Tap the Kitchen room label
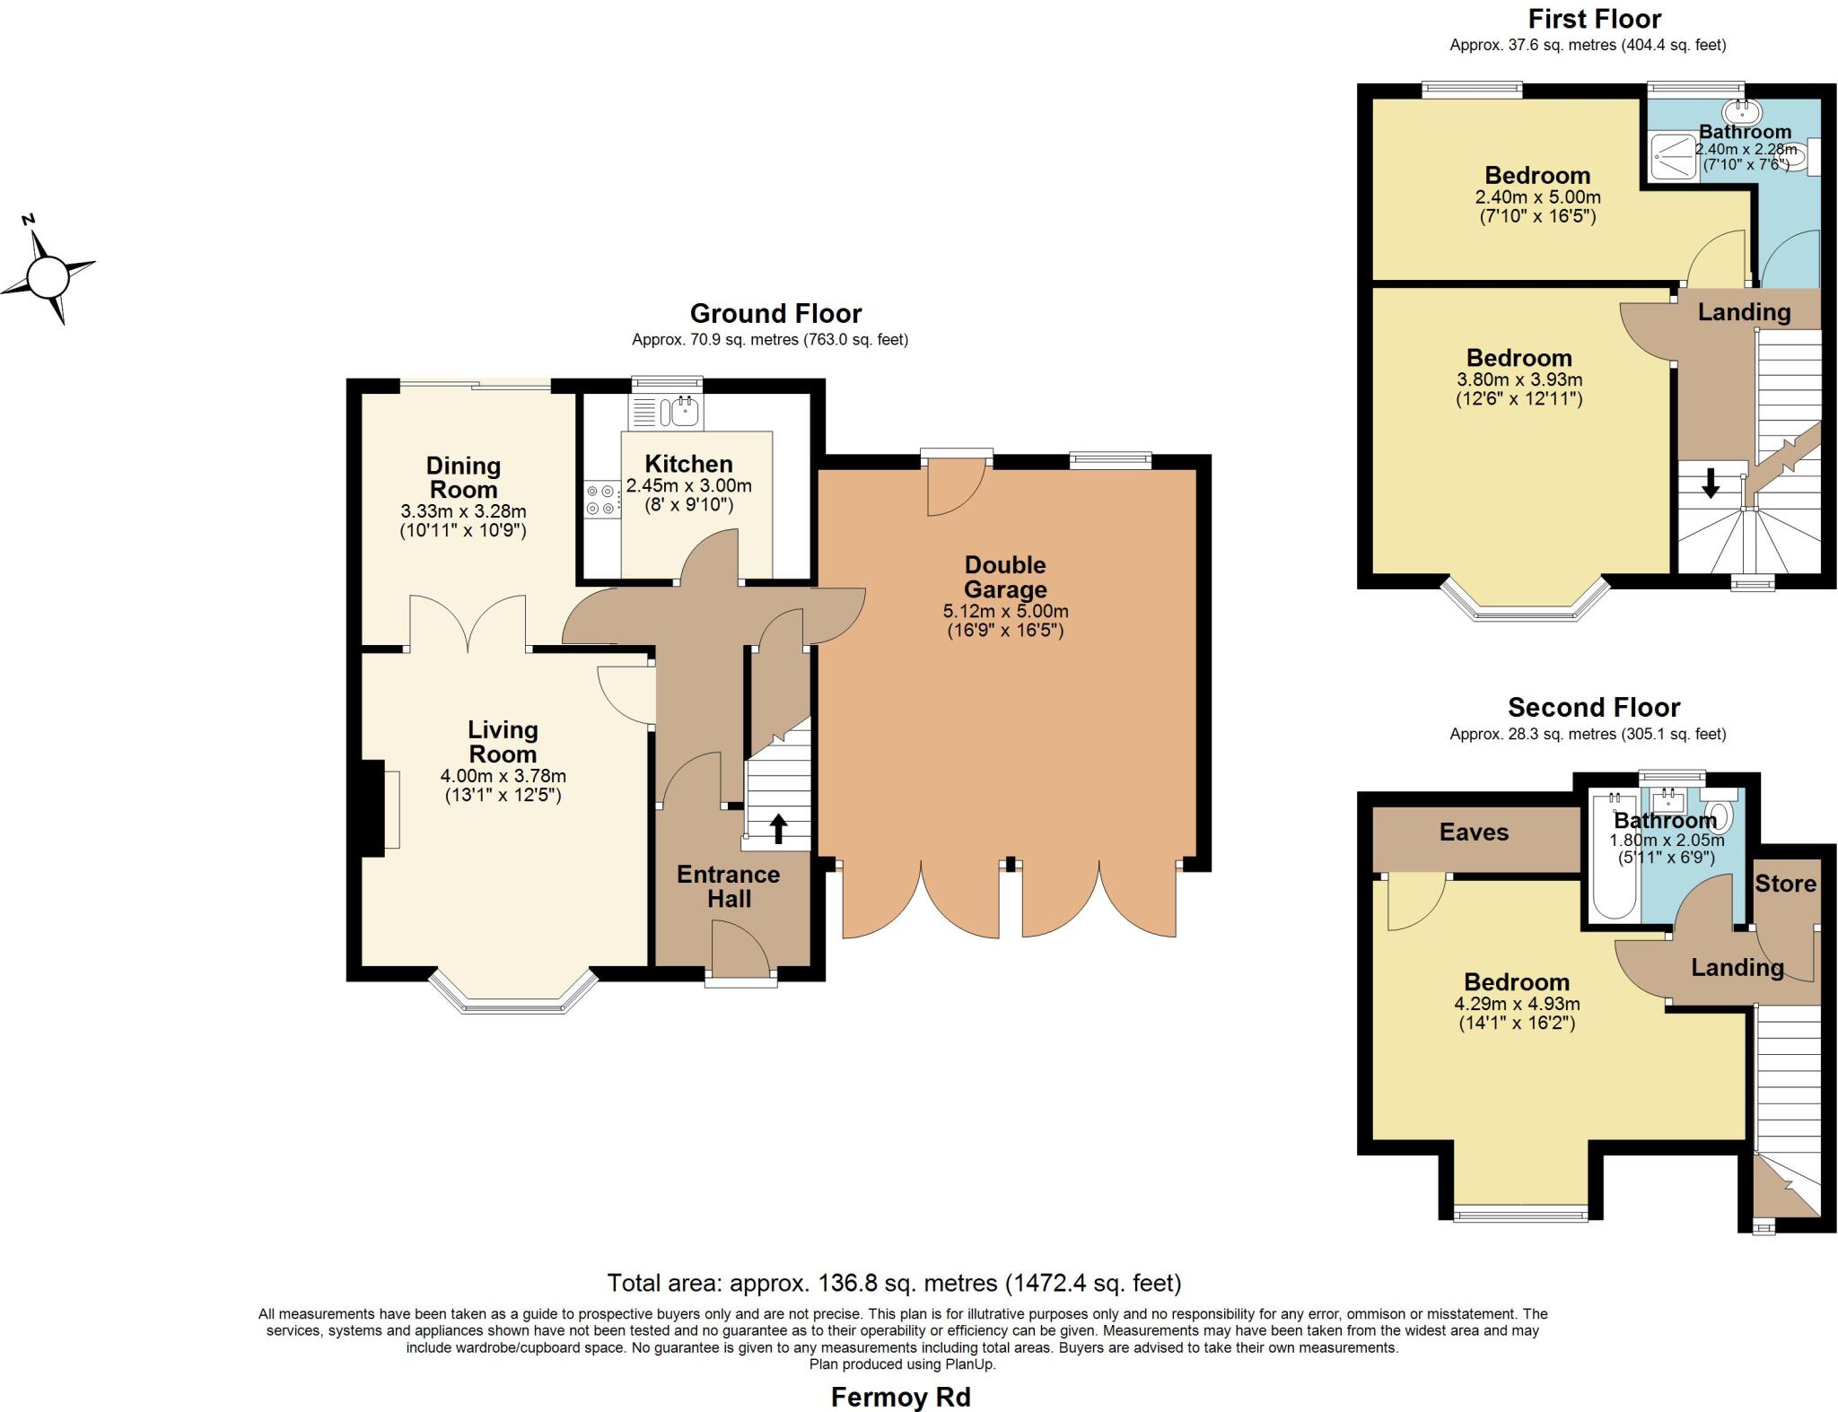pos(688,464)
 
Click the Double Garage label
pos(1005,577)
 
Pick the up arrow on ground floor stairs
pos(778,828)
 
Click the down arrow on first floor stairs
pos(1711,484)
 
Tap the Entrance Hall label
pos(728,886)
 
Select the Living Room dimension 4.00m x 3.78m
pos(503,776)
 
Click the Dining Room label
pos(463,477)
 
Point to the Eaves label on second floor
pos(1474,832)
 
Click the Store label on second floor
pos(1785,884)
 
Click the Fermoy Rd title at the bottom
pos(900,1397)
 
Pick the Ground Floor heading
pos(775,313)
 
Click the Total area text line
pos(894,1283)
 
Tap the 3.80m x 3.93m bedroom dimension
pos(1519,379)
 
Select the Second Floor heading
pos(1593,707)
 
